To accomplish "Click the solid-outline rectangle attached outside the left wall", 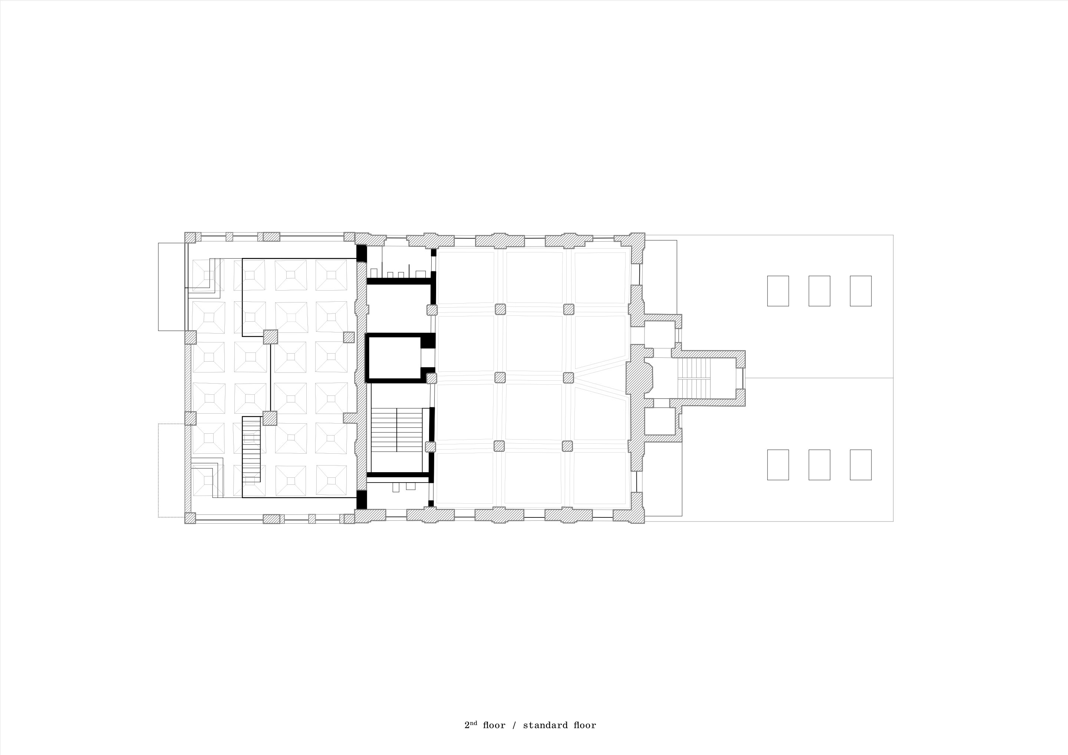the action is tap(172, 287).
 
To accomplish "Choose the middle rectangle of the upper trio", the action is tap(819, 291).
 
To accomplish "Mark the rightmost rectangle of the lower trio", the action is tap(861, 465).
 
